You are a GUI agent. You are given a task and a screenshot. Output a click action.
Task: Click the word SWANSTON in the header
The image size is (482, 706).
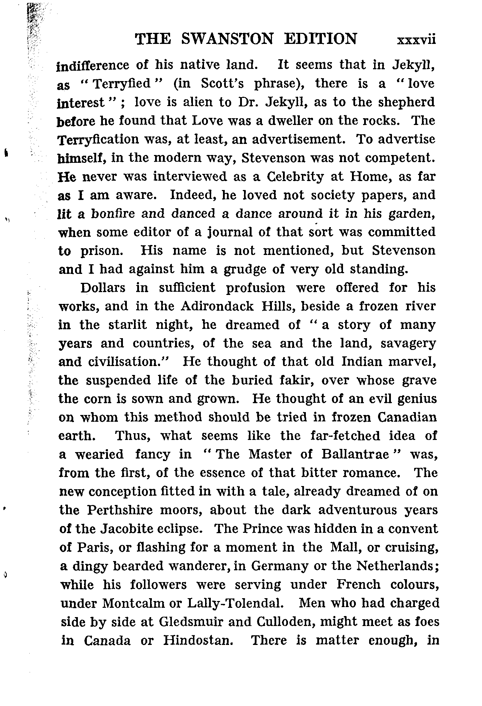[x=228, y=39]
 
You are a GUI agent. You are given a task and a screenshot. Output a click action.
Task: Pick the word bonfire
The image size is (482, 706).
[x=113, y=214]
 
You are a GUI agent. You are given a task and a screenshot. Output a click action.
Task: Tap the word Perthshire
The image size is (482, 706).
[x=120, y=510]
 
